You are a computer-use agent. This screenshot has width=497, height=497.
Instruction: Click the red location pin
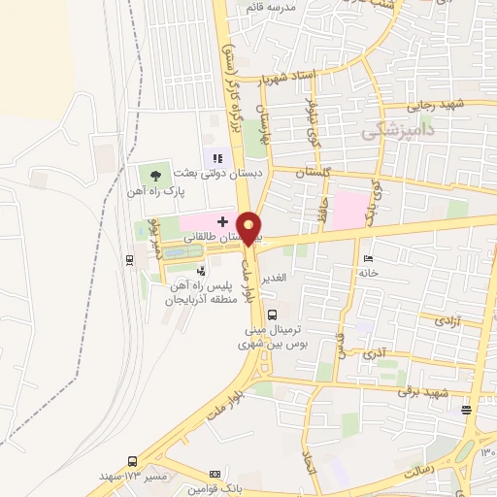[249, 229]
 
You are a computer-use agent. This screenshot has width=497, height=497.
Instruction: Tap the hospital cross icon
[222, 221]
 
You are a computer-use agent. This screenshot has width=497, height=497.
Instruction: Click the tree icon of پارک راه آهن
[155, 175]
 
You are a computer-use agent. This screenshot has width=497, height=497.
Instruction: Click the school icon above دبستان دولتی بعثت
[218, 157]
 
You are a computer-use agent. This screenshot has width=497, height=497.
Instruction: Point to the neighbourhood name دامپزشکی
[399, 130]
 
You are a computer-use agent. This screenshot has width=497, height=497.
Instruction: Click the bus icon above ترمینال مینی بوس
[272, 314]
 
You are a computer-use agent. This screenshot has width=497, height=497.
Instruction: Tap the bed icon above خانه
[366, 259]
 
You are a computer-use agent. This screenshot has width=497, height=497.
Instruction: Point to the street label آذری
[373, 355]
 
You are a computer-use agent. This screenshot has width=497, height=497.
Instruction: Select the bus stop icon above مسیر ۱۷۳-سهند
[132, 461]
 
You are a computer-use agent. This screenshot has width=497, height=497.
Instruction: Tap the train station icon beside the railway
[128, 259]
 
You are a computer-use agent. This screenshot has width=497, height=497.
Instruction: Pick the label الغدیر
[276, 278]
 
